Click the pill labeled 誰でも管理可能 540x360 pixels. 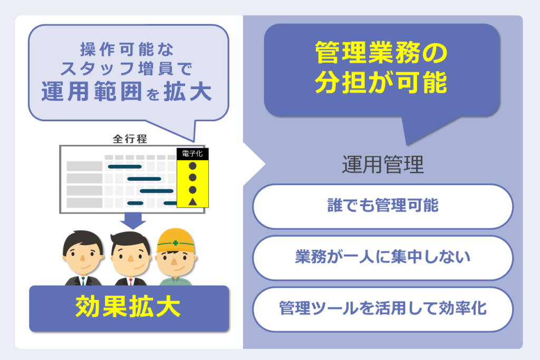383,207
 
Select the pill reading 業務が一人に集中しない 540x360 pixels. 383,258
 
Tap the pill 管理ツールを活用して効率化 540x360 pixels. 383,309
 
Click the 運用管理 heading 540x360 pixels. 383,164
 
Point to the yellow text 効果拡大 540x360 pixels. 128,307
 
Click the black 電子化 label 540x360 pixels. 192,154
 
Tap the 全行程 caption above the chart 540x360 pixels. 130,139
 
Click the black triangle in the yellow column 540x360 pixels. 192,202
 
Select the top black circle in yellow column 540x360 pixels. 192,166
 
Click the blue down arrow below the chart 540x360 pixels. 133,221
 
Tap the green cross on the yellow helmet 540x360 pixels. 175,244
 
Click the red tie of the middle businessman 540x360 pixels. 131,281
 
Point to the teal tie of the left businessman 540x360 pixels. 83,281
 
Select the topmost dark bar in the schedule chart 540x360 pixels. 124,167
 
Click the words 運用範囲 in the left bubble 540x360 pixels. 92,92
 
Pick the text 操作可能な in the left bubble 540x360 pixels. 127,49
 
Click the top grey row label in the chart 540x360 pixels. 84,166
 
